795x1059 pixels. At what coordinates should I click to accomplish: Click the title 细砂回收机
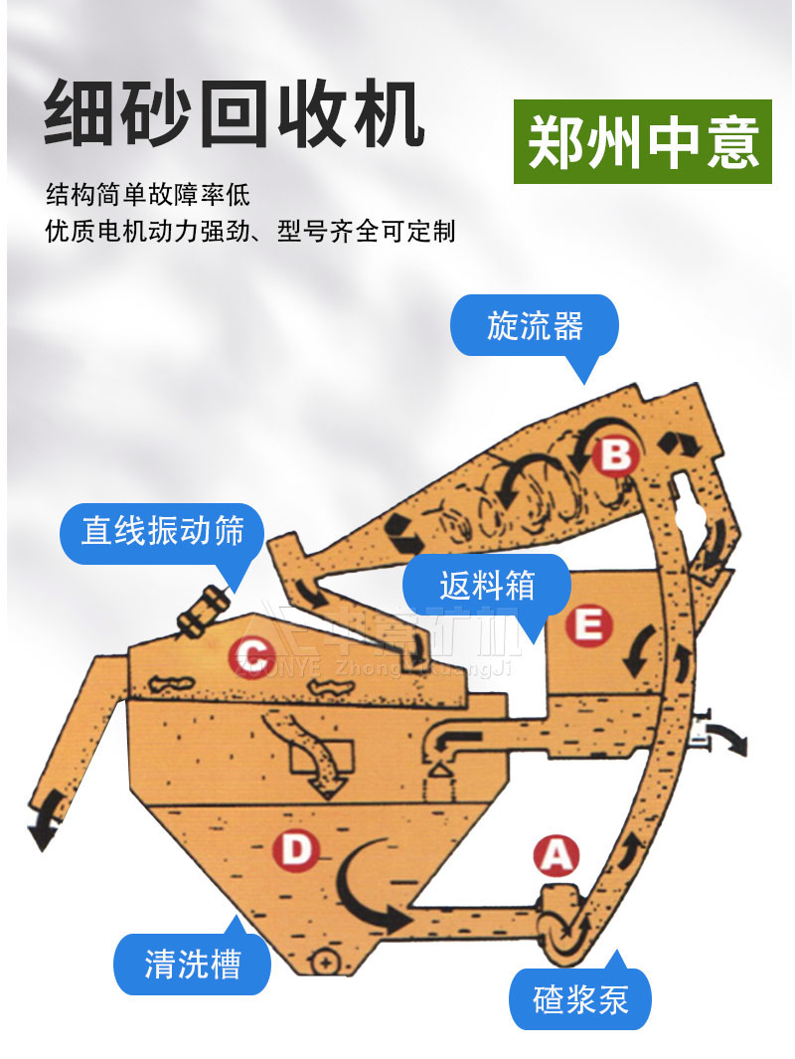click(235, 115)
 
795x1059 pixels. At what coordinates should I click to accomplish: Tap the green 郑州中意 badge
click(643, 142)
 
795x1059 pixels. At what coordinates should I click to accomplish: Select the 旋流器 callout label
click(535, 325)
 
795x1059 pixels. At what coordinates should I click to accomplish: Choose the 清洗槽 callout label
click(193, 963)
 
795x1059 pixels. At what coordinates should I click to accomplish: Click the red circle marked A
click(556, 854)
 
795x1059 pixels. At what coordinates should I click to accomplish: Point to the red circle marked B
click(616, 455)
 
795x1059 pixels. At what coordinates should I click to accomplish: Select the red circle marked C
click(251, 656)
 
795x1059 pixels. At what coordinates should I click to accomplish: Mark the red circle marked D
click(295, 850)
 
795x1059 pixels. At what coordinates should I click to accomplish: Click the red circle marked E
click(587, 624)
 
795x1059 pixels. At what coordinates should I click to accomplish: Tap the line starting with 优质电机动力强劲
click(250, 231)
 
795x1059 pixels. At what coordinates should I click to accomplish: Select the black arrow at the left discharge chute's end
click(40, 831)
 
